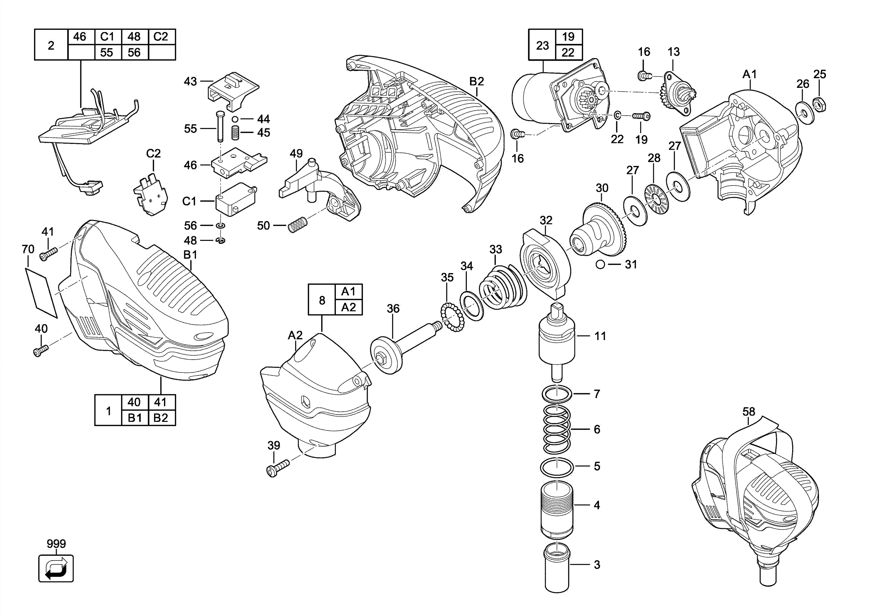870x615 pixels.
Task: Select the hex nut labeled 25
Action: point(820,104)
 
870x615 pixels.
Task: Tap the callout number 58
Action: point(748,412)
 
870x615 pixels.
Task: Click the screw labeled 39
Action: point(278,468)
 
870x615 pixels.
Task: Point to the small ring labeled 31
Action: point(600,264)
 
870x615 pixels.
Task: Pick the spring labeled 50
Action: point(298,224)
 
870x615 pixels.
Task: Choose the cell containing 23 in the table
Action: point(542,45)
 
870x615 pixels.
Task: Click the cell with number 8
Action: point(322,300)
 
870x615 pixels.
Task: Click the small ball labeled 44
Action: point(235,119)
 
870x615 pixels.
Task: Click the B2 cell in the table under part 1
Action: point(161,418)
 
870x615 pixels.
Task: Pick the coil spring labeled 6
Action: point(557,429)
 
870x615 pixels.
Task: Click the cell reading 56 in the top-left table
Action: point(134,52)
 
